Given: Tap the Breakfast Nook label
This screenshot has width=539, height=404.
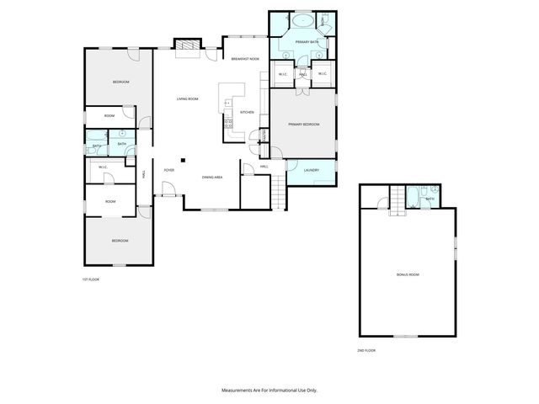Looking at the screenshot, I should coord(244,59).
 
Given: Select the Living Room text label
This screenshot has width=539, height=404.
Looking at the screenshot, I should coord(187,99).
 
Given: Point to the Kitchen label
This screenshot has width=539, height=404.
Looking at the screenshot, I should coord(247,112).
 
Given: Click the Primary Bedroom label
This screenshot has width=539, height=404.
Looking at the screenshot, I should coord(303,125).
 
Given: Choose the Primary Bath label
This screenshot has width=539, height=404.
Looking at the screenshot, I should coord(306,42).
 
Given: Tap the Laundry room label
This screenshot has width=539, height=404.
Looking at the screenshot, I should coord(311,171).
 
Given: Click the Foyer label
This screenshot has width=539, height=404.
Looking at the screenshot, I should coord(168,170).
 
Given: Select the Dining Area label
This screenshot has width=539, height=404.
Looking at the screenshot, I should coord(212,178).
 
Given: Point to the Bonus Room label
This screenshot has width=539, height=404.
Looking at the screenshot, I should coord(408,275).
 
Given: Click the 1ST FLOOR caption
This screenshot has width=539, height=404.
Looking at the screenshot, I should coord(90,279).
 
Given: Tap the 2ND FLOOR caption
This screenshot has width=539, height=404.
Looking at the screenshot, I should coord(366,349).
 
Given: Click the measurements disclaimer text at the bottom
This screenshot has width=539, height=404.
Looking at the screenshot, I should coord(269,391).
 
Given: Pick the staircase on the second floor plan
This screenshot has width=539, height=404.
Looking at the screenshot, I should coord(398,202).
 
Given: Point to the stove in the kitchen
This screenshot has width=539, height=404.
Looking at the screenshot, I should coord(227,125).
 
